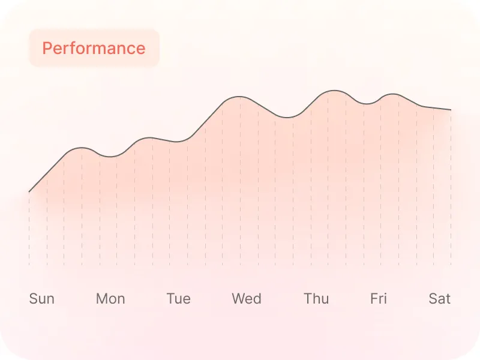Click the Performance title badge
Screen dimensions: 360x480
tap(94, 48)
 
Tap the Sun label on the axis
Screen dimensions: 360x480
tap(42, 298)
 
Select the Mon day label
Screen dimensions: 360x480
tap(110, 298)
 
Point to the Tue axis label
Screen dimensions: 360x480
tap(178, 298)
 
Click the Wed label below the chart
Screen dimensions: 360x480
tap(247, 298)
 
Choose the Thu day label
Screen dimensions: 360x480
tap(316, 298)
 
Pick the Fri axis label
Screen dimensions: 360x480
tap(379, 298)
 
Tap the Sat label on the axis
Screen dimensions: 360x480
tap(439, 298)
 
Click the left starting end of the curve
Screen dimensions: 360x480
tap(29, 192)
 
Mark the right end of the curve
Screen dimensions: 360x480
tap(451, 110)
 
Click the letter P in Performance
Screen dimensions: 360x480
tap(47, 48)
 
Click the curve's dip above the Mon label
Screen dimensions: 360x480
tap(110, 157)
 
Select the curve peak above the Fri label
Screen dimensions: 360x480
tap(392, 94)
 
